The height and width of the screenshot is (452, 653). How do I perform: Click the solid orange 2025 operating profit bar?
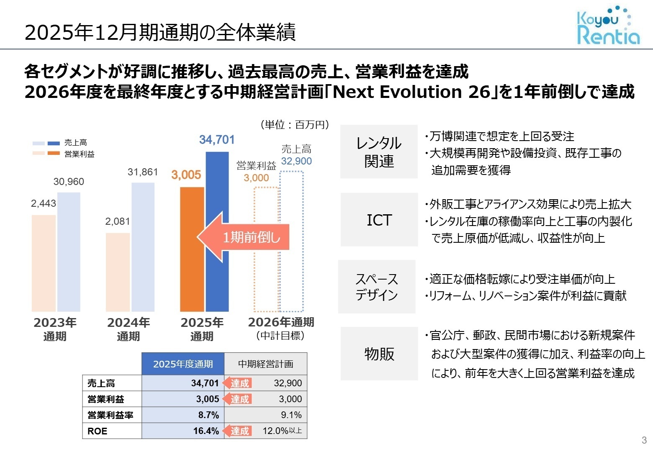click(x=192, y=249)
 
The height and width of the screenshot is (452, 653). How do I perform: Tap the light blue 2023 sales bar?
click(x=69, y=252)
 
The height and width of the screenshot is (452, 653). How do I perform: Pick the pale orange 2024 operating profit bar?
click(x=118, y=272)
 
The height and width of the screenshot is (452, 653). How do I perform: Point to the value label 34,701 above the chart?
click(x=217, y=140)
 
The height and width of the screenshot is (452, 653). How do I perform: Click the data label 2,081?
click(x=117, y=221)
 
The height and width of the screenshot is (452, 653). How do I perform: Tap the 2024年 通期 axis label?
click(x=128, y=329)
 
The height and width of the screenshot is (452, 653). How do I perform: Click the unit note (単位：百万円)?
click(x=295, y=125)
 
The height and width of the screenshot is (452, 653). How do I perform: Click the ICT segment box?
click(x=379, y=220)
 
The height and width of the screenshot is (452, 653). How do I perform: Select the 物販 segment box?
click(x=379, y=354)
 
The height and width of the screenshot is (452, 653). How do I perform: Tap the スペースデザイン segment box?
click(x=377, y=287)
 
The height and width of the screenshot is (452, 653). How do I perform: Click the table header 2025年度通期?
click(x=183, y=364)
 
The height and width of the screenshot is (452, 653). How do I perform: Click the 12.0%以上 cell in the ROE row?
click(x=282, y=431)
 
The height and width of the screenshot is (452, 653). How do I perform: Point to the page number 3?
click(x=644, y=440)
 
